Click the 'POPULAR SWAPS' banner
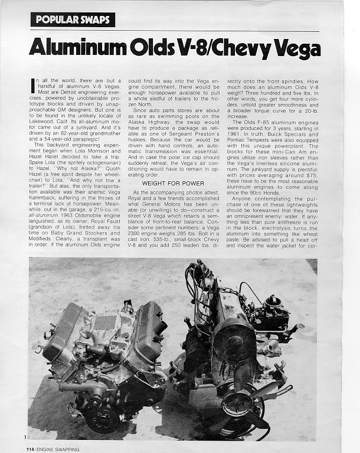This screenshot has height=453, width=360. click(73, 19)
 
